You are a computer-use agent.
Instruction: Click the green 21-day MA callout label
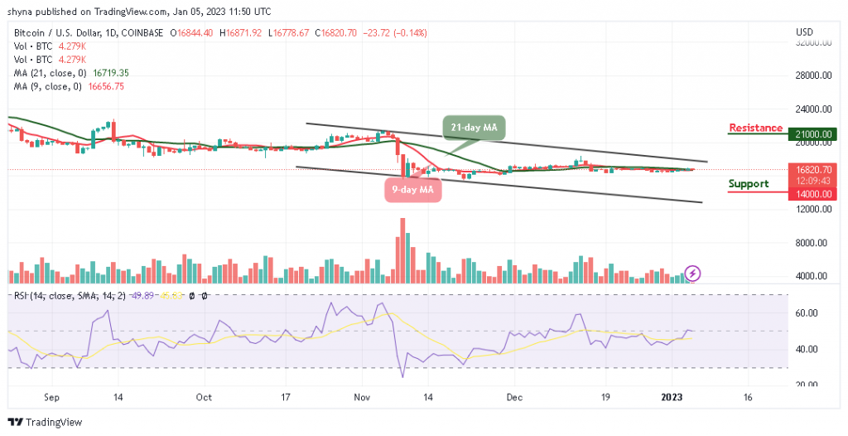(x=476, y=128)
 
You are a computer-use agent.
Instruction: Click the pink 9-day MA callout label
(x=412, y=190)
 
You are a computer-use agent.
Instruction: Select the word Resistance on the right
(x=755, y=128)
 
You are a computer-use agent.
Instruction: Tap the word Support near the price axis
(x=749, y=184)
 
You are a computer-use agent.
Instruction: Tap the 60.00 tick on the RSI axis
(x=807, y=313)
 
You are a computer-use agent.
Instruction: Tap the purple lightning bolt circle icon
(x=694, y=273)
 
